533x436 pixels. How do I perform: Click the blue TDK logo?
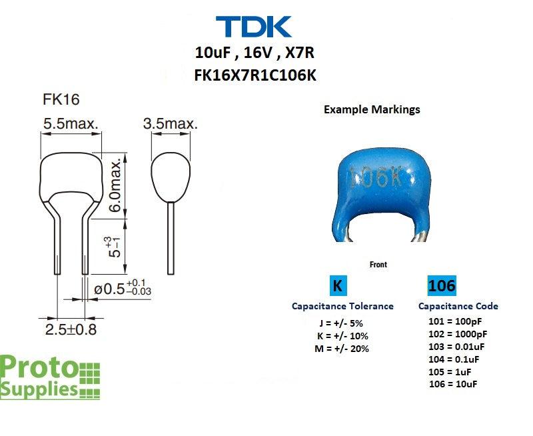[254, 27]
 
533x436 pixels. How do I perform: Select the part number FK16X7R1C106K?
[255, 75]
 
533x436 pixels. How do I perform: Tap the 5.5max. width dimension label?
[71, 123]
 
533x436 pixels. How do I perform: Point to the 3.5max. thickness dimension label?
[171, 123]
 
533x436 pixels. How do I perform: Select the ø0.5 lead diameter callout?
[123, 288]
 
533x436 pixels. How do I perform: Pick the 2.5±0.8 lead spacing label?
[71, 329]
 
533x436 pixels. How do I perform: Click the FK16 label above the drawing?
[61, 99]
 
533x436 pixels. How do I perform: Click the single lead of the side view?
[171, 238]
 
